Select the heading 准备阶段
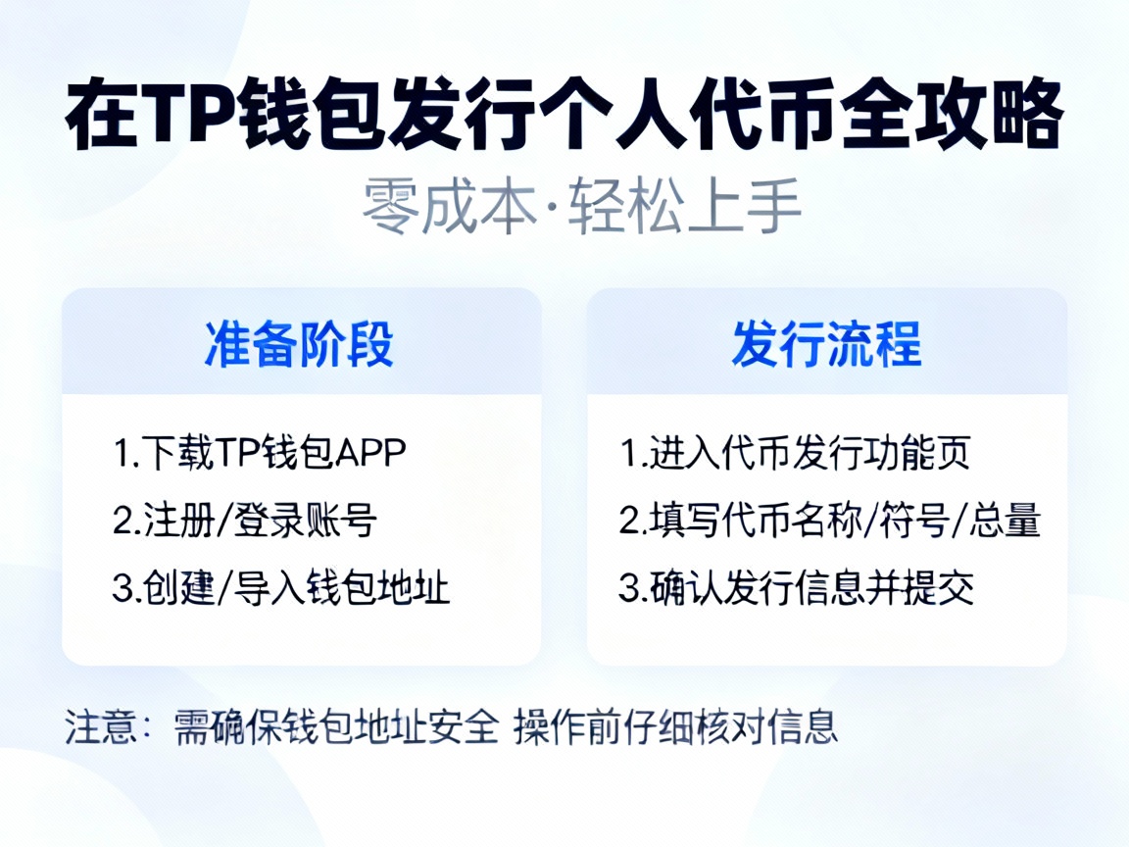point(300,344)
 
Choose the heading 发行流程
point(826,344)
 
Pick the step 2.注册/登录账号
point(245,522)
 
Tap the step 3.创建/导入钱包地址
point(281,589)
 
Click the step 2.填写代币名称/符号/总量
point(829,522)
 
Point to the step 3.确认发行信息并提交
point(797,589)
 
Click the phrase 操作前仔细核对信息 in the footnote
point(676,727)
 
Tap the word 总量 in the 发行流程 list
point(1006,522)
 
